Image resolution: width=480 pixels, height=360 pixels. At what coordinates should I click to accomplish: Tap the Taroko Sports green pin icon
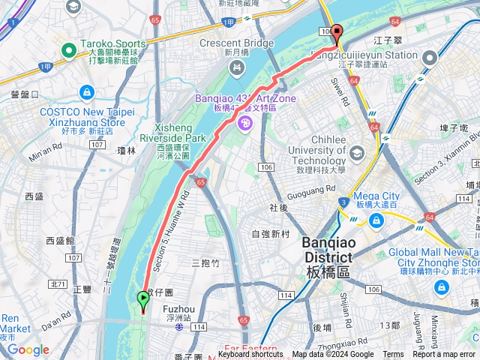click(69, 51)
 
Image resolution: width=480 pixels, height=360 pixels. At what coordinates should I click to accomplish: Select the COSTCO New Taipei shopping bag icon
click(87, 92)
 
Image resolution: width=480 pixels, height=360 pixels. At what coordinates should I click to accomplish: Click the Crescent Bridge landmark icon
click(238, 69)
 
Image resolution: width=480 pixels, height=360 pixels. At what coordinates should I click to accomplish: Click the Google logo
click(28, 349)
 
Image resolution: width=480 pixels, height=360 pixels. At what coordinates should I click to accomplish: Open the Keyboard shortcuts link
click(250, 355)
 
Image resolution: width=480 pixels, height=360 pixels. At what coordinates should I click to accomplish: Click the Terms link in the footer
click(393, 355)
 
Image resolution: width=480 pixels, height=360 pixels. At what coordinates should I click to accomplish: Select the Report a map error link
click(445, 355)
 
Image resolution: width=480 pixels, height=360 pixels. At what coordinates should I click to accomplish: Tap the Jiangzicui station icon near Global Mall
click(430, 58)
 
